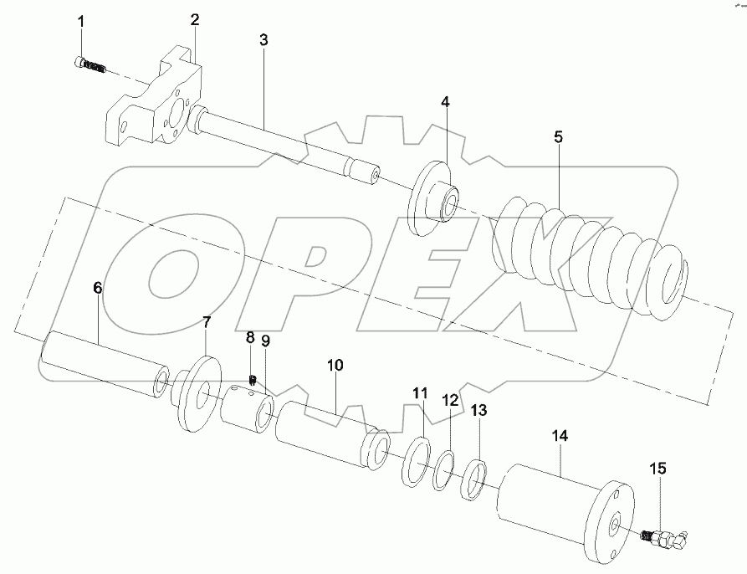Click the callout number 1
point(81,21)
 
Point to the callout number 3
point(263,39)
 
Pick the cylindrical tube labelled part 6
point(100,361)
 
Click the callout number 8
point(249,337)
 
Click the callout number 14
point(560,437)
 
